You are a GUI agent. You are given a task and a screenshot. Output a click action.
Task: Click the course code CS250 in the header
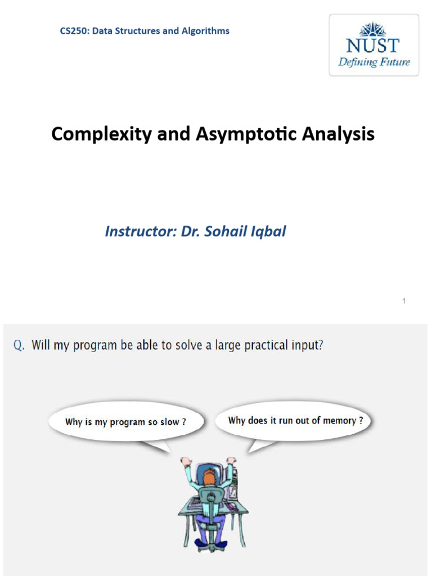74,31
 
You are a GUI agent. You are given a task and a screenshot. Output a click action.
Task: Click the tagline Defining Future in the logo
373,62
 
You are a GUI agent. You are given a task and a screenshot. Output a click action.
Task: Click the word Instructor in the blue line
140,231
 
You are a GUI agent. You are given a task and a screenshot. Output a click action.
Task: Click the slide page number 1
404,301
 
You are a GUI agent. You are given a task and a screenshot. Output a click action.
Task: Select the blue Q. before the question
19,345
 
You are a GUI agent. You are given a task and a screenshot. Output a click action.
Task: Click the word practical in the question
246,345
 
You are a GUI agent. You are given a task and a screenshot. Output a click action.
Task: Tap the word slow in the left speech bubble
170,422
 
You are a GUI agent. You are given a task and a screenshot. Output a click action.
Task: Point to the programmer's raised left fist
186,461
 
